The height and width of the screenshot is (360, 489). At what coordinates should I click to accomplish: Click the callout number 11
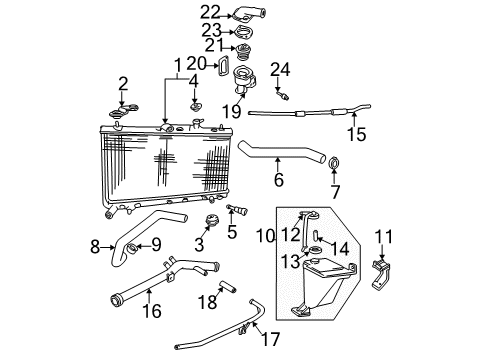click(381, 237)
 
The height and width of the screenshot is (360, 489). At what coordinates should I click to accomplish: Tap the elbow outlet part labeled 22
click(243, 14)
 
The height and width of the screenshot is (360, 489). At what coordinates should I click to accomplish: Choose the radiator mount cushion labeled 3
click(211, 222)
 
